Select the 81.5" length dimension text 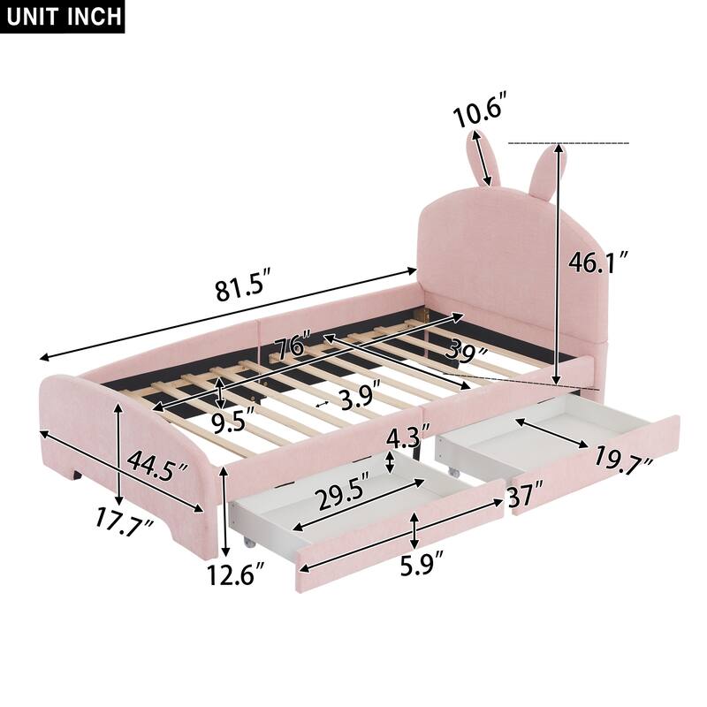237,289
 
